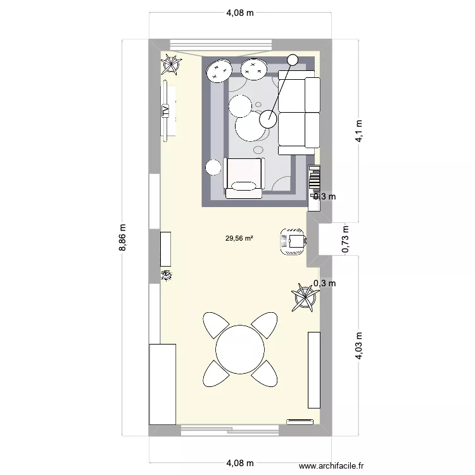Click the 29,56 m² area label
coord(239,239)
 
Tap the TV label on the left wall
coord(166,111)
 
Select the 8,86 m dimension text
coord(124,238)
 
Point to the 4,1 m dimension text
coord(359,132)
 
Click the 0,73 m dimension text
coord(346,239)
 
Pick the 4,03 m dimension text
coord(359,346)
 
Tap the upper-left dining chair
coord(215,325)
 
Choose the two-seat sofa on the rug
coord(298,112)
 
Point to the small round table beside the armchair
coord(212,168)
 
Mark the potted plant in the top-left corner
coord(170,63)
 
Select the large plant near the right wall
coord(304,296)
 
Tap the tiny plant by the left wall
coord(167,275)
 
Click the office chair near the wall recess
coord(293,241)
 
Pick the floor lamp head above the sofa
coord(292,60)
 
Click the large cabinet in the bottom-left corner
coord(162,384)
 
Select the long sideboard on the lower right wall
coord(313,369)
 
